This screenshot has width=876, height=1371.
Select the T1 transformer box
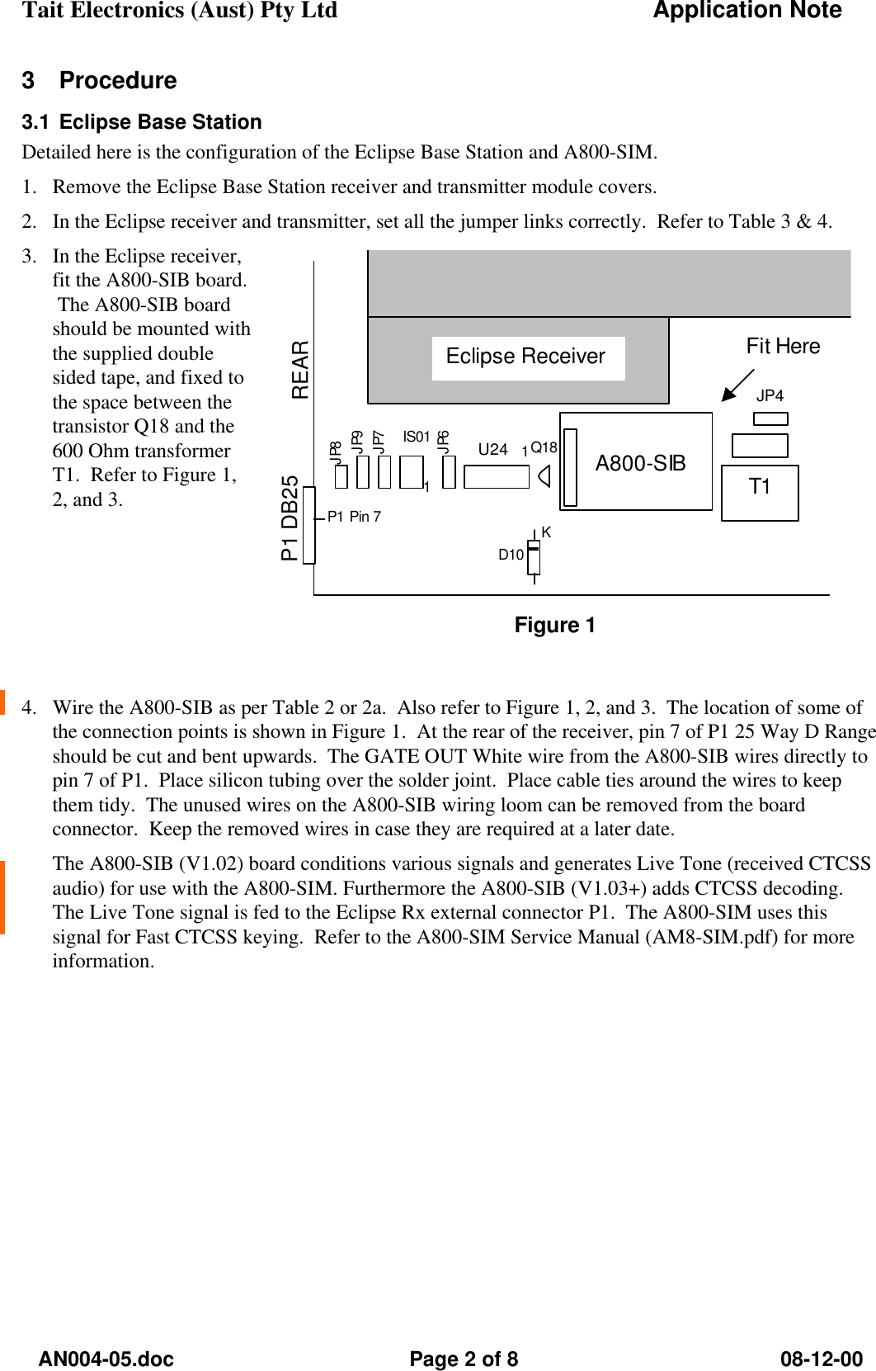[x=760, y=493]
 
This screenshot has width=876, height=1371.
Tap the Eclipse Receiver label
[x=525, y=357]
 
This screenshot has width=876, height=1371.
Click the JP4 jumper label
[x=770, y=396]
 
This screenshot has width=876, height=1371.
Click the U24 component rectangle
[x=497, y=477]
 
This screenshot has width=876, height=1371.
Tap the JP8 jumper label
[x=336, y=451]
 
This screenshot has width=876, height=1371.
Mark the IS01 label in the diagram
[x=417, y=436]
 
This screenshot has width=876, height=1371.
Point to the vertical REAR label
[x=300, y=370]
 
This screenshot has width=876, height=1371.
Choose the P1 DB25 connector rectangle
[x=309, y=526]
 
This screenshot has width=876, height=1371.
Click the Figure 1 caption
[x=554, y=626]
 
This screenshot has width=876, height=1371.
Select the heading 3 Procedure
[x=99, y=81]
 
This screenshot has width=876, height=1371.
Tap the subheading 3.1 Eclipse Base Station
[x=142, y=122]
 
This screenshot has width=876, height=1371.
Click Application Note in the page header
[x=747, y=11]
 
